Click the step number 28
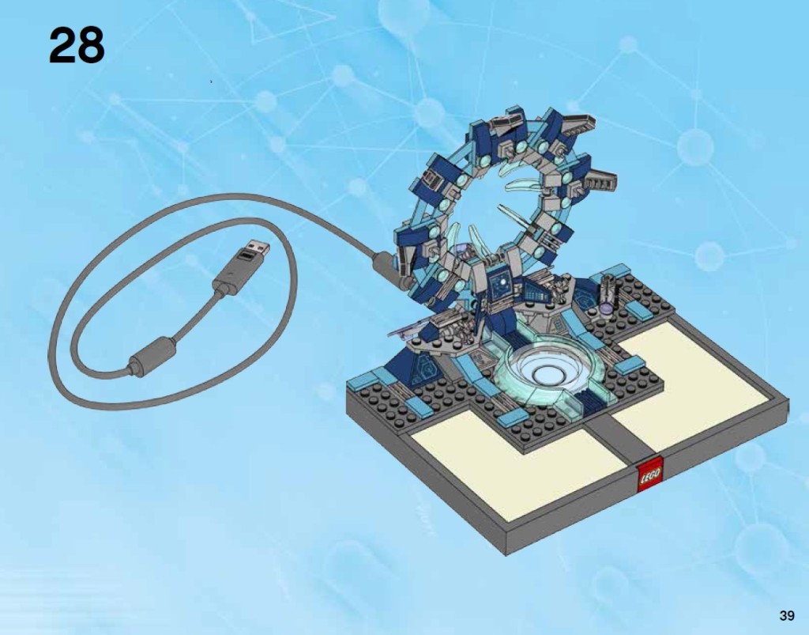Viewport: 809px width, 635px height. click(x=77, y=46)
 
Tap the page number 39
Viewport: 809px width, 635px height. click(x=785, y=615)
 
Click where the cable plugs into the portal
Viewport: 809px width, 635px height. click(x=381, y=260)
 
